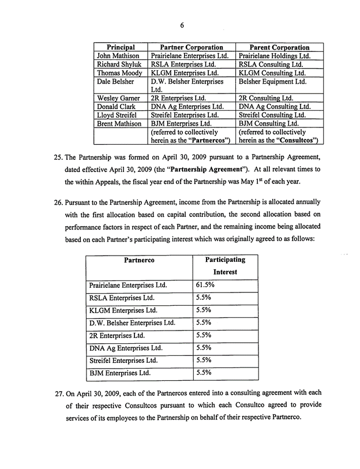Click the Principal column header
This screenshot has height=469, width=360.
[121, 47]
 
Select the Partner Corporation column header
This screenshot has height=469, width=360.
[192, 47]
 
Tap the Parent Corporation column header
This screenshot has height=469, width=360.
[280, 47]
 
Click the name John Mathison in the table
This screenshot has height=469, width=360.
[118, 56]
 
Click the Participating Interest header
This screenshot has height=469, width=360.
[225, 266]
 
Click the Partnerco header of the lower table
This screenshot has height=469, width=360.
[138, 260]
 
